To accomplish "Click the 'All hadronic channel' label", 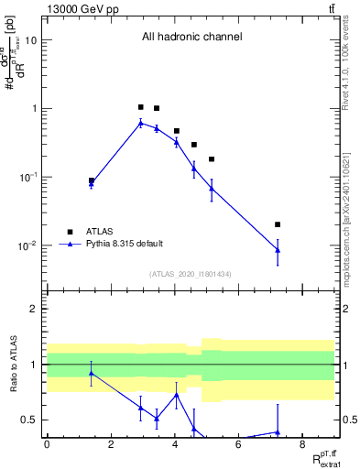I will (x=191, y=38).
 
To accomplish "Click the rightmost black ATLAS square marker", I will (x=278, y=224).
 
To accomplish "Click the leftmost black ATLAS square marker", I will (x=92, y=180).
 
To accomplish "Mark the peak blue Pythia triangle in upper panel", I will (x=140, y=123).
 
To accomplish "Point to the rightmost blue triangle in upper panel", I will (x=278, y=250).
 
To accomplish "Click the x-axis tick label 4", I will (x=174, y=445).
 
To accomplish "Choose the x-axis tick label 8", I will (x=302, y=445).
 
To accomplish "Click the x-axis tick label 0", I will (x=47, y=445).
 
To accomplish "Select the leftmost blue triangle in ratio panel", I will (x=92, y=373).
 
